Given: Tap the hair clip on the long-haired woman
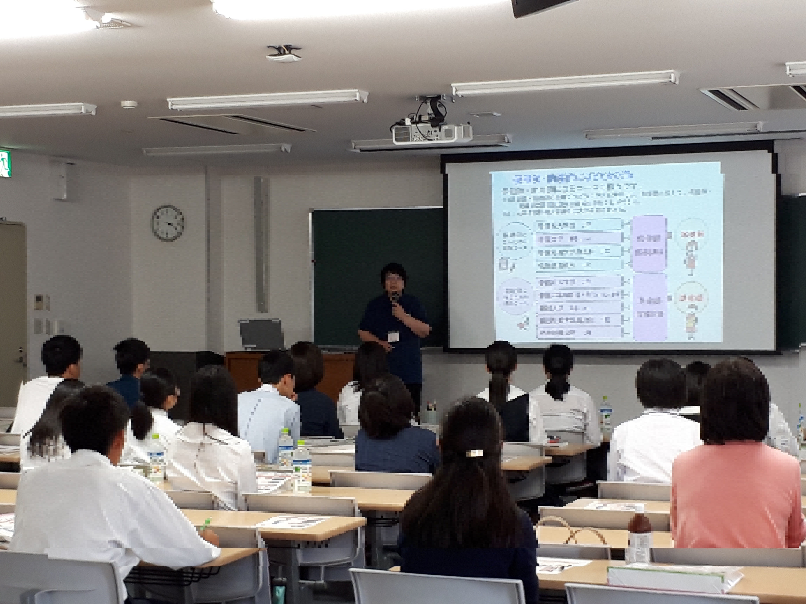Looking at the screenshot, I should click(474, 454).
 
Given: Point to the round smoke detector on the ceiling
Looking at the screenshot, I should click(129, 105).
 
